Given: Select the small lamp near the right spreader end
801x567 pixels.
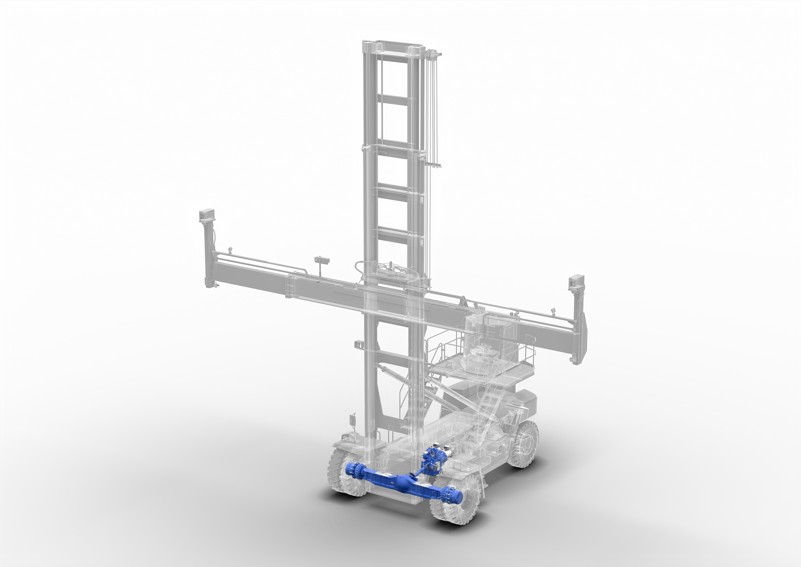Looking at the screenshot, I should click(553, 310).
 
